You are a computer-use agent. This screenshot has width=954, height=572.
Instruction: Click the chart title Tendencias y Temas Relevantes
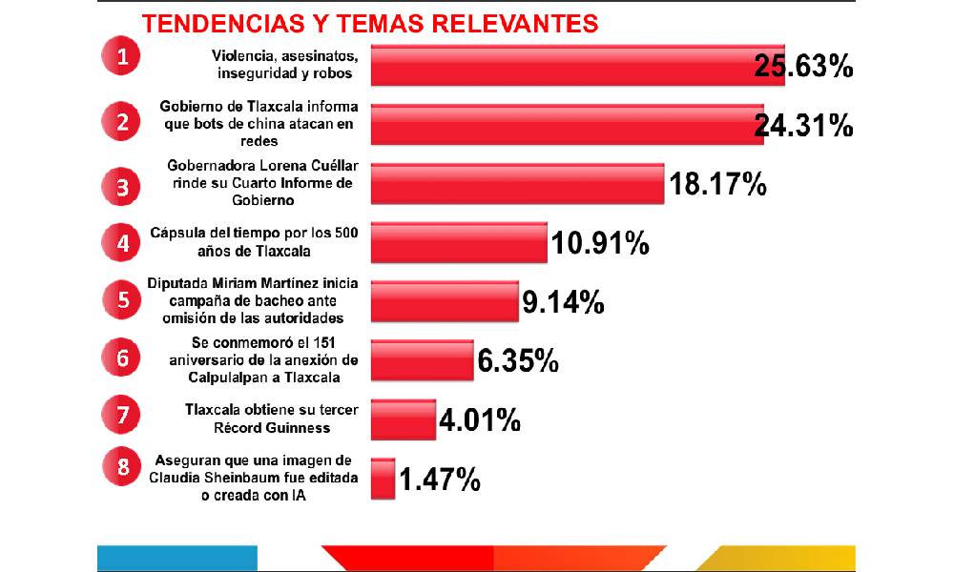coord(370,22)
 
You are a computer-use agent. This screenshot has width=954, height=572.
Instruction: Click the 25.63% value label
coord(802,67)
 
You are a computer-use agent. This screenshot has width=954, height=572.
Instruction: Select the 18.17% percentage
coord(717,184)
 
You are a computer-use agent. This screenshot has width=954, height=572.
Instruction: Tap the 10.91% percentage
coord(600,244)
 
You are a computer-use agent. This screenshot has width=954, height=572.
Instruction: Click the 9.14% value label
coord(563,302)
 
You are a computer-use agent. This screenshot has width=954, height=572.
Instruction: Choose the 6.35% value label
coord(518,361)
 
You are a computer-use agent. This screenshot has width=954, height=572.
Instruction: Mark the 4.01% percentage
coord(480,419)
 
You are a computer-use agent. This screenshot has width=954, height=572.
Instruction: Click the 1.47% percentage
coord(440,480)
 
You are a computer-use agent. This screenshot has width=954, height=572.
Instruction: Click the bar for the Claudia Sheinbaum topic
coord(383,478)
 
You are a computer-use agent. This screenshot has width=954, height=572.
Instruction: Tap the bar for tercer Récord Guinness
coord(403,419)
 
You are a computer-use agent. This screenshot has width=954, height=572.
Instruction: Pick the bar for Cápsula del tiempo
coord(459,242)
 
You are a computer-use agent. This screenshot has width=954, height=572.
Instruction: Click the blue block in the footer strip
coord(177,558)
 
